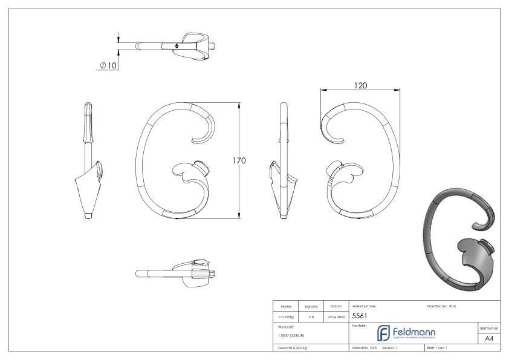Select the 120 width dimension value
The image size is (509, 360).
click(x=361, y=86)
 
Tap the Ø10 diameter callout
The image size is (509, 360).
click(x=108, y=65)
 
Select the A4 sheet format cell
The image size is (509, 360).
click(x=490, y=339)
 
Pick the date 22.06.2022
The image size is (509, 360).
click(x=336, y=316)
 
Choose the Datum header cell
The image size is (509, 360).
click(x=336, y=306)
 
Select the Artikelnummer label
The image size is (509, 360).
click(x=363, y=306)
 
